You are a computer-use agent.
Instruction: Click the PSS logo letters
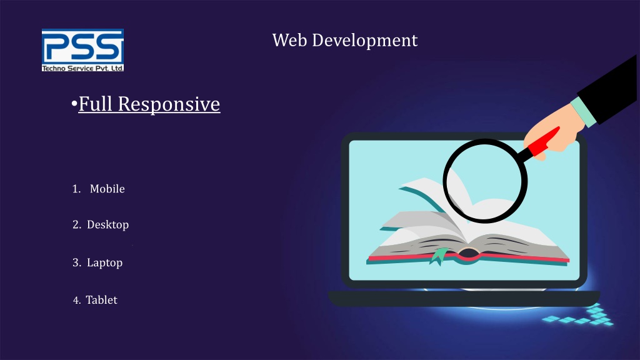(82, 46)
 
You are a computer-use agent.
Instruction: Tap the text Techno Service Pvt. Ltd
(82, 67)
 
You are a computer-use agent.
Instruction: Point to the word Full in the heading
(96, 103)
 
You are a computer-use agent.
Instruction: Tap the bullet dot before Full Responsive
(74, 104)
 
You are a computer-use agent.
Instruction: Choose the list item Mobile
(107, 189)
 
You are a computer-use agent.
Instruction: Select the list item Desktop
(107, 224)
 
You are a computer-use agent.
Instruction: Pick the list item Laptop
(104, 262)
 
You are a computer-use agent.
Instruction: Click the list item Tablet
(101, 300)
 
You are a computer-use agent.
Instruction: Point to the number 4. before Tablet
(76, 301)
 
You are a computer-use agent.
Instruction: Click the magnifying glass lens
(485, 181)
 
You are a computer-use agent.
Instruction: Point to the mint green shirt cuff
(584, 112)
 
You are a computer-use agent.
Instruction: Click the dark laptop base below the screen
(462, 299)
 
